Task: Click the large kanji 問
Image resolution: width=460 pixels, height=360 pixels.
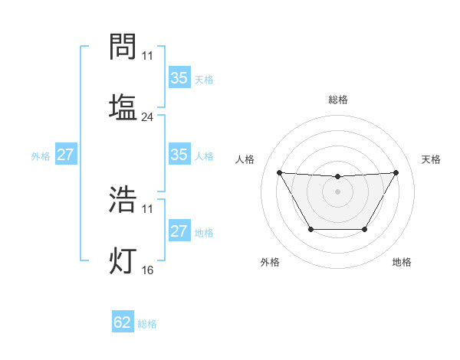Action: coord(123,47)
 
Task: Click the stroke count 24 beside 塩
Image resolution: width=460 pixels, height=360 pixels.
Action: coord(147,118)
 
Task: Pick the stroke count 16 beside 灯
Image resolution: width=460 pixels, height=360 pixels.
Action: coord(147,270)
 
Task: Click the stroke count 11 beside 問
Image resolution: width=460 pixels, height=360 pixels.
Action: coord(147,57)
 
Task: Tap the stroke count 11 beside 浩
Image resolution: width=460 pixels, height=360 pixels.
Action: coord(147,209)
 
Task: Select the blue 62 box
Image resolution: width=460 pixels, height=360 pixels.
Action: coord(123,322)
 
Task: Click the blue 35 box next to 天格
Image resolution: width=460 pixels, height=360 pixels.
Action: coord(179,78)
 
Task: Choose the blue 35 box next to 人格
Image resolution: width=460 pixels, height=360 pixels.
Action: coord(179,155)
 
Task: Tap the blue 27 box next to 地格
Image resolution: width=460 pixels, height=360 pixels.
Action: coord(179,231)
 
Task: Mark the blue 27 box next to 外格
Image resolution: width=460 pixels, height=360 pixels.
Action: coord(65,155)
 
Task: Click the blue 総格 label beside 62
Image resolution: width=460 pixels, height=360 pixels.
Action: coord(147,324)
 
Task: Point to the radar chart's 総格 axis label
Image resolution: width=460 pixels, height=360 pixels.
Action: coord(337,100)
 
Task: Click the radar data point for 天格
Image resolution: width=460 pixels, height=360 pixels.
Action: coord(396,172)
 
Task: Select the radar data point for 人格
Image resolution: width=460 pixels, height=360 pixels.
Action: coord(279,172)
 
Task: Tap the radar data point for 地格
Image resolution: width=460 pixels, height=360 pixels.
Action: coord(364,229)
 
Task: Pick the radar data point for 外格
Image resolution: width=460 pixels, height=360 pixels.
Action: coord(310,229)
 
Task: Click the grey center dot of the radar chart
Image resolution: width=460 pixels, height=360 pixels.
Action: coord(337,191)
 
